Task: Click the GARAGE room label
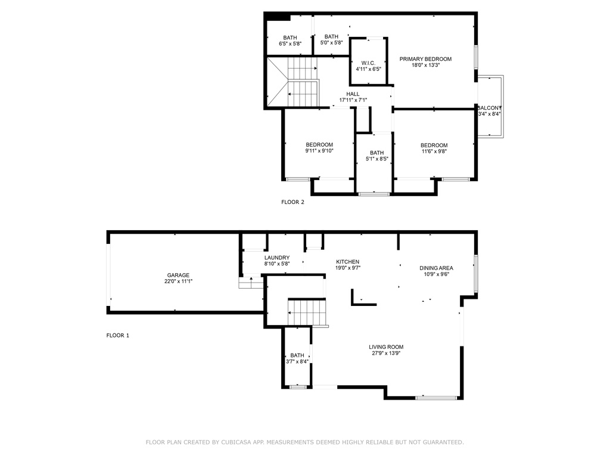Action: click(178, 275)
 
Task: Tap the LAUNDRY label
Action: click(277, 258)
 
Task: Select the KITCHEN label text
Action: click(347, 262)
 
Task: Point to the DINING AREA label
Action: click(436, 268)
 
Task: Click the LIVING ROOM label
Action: click(386, 347)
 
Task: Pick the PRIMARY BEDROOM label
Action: click(425, 59)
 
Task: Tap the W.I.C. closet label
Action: click(368, 63)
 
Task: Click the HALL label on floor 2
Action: click(353, 94)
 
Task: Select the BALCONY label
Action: click(490, 108)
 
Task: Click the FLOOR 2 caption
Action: click(292, 202)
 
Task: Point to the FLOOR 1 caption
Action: click(117, 335)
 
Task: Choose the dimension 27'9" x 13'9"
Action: click(386, 353)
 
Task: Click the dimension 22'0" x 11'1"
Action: click(178, 281)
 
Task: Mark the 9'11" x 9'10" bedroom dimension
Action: click(319, 151)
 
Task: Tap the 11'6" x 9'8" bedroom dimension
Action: click(434, 151)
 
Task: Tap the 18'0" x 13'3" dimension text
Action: click(425, 66)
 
